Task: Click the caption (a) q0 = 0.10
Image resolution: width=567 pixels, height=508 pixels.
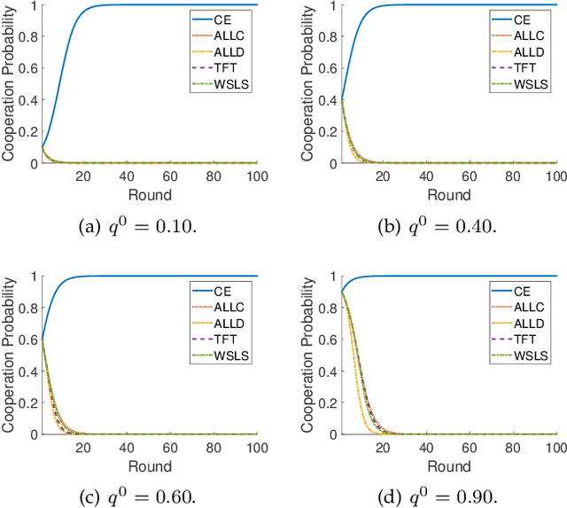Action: coord(133,227)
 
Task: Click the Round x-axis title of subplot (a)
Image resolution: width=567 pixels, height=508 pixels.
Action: coord(143,194)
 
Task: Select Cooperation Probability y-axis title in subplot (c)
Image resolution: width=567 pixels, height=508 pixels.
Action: coord(10,355)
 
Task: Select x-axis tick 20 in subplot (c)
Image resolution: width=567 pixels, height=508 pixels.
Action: coord(83,448)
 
